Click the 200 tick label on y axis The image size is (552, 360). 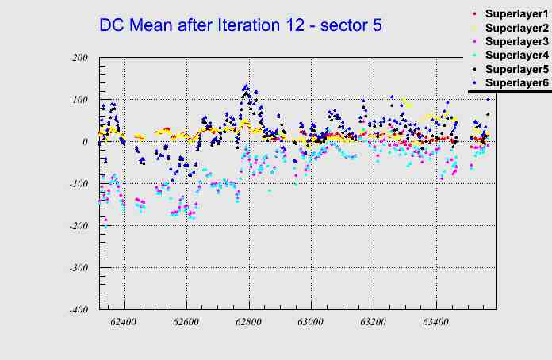point(79,58)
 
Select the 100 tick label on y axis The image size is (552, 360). point(79,100)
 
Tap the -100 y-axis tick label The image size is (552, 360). point(77,184)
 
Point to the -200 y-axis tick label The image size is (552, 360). point(77,226)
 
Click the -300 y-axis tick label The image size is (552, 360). point(77,268)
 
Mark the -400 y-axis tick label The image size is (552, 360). point(77,310)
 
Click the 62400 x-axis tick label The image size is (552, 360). point(124,323)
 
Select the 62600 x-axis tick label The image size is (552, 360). point(186,323)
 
